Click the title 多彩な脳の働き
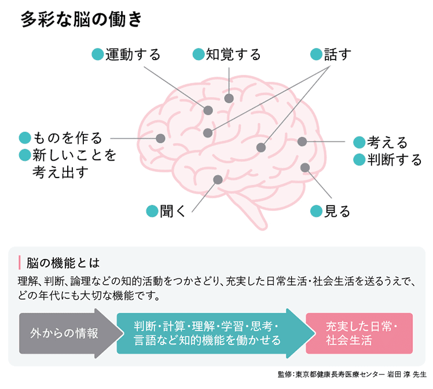click(81, 20)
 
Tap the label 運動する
click(133, 55)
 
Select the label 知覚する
click(233, 55)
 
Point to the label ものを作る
click(68, 138)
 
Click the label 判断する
click(395, 160)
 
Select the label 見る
click(337, 211)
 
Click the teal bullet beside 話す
click(315, 55)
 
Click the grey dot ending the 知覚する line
click(229, 98)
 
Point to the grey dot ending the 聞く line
click(218, 180)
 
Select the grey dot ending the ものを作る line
click(160, 139)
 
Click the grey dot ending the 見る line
click(305, 168)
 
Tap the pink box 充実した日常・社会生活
click(359, 334)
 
